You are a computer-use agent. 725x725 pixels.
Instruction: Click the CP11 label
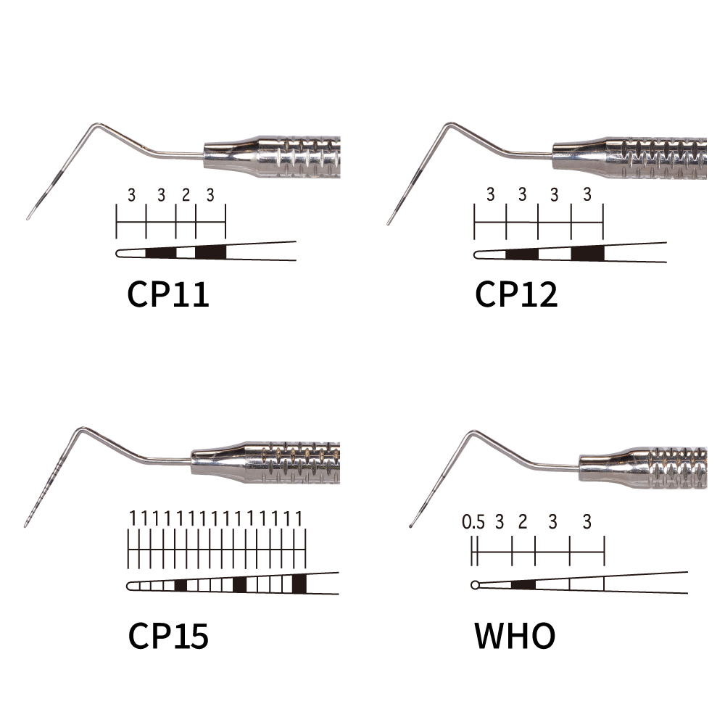[x=168, y=294]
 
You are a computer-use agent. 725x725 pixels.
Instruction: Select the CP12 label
[x=516, y=294]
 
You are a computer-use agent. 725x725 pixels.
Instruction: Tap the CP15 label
[x=168, y=636]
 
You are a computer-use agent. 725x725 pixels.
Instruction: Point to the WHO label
[x=515, y=636]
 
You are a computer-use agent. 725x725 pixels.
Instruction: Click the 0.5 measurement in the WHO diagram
[x=473, y=522]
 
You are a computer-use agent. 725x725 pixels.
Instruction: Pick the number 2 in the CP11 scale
[x=186, y=195]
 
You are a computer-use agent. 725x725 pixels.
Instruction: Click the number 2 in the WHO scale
[x=523, y=522]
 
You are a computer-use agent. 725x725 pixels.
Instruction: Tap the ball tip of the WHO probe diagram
[x=475, y=585]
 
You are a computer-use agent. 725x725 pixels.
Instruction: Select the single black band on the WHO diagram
[x=523, y=585]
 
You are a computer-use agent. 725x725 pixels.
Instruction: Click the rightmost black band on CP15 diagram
[x=299, y=584]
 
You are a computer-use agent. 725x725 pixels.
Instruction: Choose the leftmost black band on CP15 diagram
[x=181, y=585]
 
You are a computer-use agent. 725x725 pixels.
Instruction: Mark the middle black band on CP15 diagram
[x=239, y=584]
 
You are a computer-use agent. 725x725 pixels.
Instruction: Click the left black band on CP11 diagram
[x=161, y=252]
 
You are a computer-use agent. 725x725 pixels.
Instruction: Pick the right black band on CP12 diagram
[x=588, y=253]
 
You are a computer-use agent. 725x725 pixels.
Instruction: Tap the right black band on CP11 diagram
[x=211, y=252]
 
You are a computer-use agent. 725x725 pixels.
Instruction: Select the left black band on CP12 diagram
[x=523, y=254]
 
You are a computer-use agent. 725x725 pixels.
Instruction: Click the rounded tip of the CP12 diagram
[x=476, y=255]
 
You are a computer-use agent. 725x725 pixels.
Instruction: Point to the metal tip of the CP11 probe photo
[x=28, y=217]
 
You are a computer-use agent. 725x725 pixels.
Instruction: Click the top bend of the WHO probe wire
[x=472, y=432]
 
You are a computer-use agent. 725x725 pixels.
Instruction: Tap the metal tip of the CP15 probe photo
[x=25, y=525]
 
